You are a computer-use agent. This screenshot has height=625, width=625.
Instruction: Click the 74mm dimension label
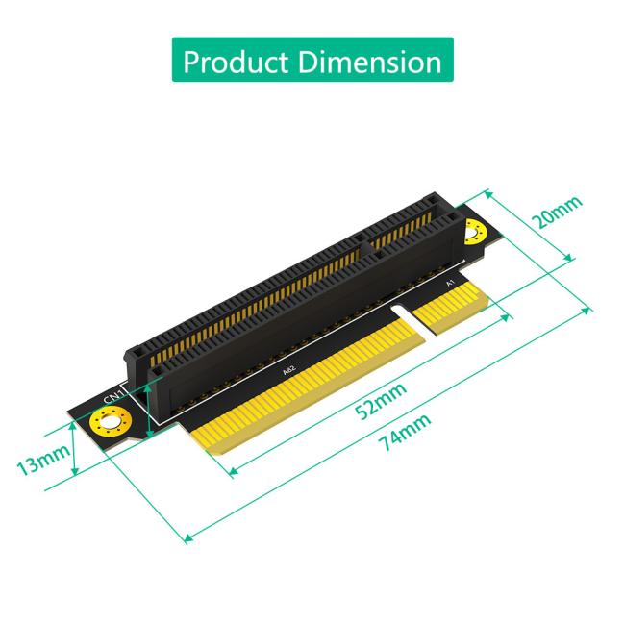(x=404, y=434)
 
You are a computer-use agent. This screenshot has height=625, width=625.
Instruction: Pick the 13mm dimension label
(x=41, y=463)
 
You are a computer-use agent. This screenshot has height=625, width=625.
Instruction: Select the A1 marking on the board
(x=450, y=285)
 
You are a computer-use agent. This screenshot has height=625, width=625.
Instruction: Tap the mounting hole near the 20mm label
(x=472, y=231)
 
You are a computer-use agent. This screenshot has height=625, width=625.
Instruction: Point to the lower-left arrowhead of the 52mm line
(x=229, y=473)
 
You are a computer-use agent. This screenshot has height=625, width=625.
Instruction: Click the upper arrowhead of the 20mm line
(x=487, y=192)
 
